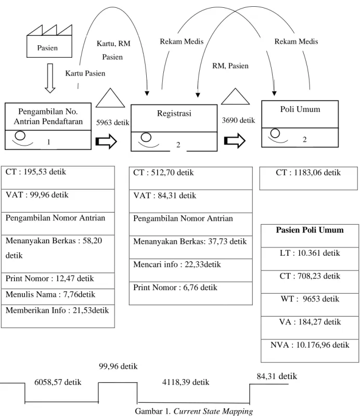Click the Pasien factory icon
49,41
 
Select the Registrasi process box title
174,113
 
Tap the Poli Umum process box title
300,109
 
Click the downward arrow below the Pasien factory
50,78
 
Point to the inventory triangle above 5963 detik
110,98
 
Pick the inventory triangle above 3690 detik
235,96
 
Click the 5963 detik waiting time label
112,122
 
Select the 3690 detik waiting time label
238,120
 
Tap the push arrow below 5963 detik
106,141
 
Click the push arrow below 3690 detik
235,140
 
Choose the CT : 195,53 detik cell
58,178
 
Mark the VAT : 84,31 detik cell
191,201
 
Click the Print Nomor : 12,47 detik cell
58,281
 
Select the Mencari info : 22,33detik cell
191,270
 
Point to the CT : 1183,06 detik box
308,178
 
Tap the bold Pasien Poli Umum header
310,230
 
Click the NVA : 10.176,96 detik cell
310,351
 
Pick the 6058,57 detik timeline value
58,382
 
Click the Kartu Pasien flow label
85,73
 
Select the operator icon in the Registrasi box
148,140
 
